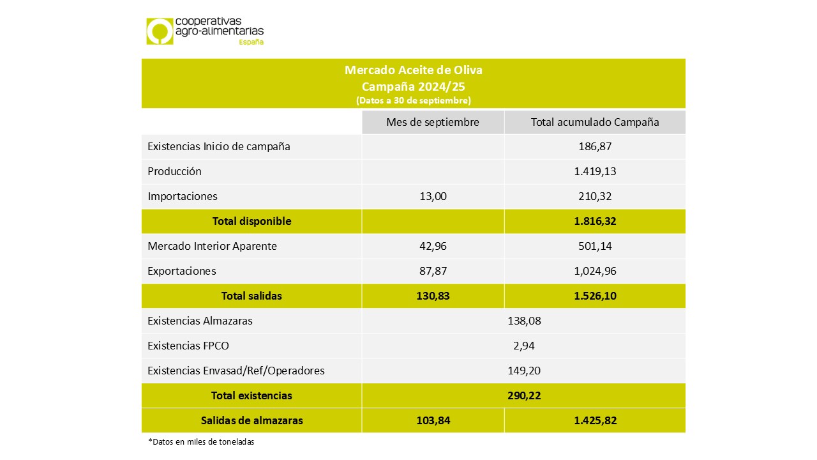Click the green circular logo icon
(160, 31)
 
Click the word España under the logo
(251, 42)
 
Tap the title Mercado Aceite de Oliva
(413, 70)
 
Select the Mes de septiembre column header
(433, 122)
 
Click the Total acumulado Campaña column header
(595, 122)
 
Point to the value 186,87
(595, 146)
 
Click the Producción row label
(174, 171)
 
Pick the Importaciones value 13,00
(433, 196)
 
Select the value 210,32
(595, 196)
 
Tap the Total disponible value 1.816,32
(595, 221)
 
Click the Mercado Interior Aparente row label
(212, 246)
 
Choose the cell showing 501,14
(595, 246)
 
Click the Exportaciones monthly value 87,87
(433, 271)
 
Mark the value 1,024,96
(595, 271)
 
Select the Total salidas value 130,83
(433, 296)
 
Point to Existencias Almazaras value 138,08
(523, 321)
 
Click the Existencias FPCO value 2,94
(523, 346)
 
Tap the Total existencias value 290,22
(523, 395)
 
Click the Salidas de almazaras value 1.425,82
(595, 420)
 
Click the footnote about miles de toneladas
(200, 442)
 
